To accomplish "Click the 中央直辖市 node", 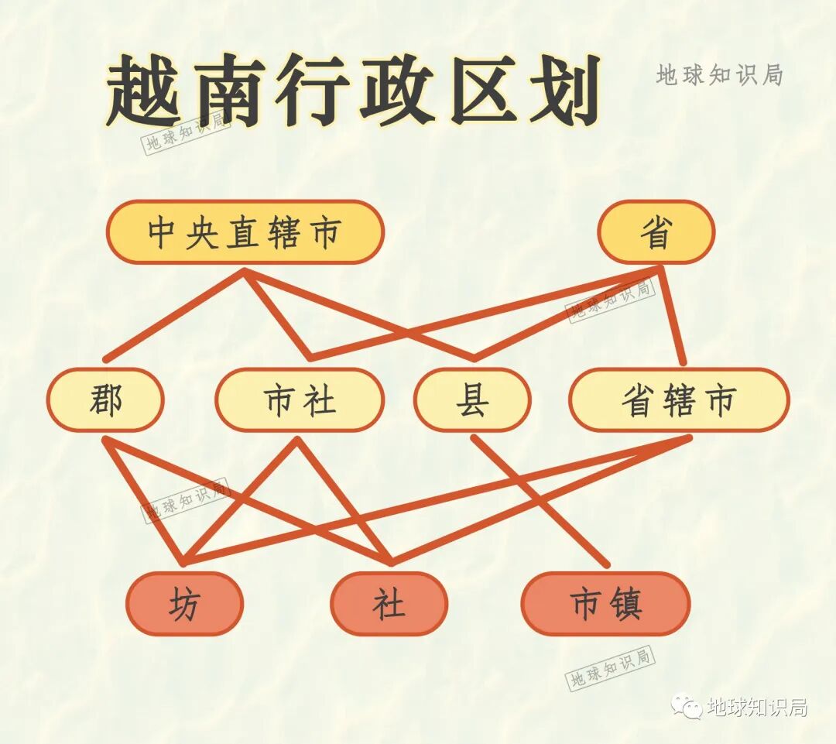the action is point(245,232).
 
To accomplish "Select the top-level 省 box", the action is point(656,232).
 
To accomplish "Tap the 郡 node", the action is point(105,400).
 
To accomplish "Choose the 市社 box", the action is point(300,400).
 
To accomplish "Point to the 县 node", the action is point(472,400).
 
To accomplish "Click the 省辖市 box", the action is point(679,400).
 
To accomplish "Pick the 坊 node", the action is point(184,603).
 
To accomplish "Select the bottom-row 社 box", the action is point(389,603).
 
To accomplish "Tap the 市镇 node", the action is point(605,603).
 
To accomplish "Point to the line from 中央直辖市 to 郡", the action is point(174,315).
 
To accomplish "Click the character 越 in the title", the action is point(147,91).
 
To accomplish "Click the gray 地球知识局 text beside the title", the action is point(720,74).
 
